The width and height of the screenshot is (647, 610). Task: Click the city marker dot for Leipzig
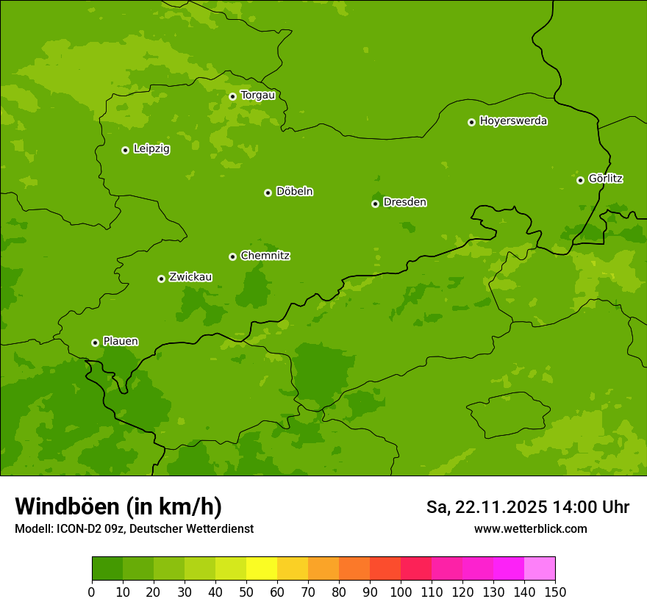(x=125, y=150)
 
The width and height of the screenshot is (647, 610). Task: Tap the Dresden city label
(x=404, y=202)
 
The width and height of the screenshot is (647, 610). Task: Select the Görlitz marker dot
(x=580, y=180)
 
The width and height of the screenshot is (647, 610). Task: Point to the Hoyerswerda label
(x=513, y=121)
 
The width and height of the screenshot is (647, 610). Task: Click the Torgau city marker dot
(x=232, y=96)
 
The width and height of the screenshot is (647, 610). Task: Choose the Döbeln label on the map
(x=294, y=192)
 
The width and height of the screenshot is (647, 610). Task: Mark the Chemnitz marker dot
(x=232, y=256)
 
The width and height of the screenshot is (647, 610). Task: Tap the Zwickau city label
(x=190, y=277)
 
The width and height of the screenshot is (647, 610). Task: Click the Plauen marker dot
(x=95, y=342)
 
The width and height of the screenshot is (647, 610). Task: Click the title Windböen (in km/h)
(x=118, y=506)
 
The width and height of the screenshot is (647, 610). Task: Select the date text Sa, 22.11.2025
(x=487, y=507)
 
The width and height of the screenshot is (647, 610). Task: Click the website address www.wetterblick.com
(x=530, y=528)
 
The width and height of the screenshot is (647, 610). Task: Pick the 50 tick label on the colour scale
(x=246, y=592)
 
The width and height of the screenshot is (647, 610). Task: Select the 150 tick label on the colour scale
(x=554, y=592)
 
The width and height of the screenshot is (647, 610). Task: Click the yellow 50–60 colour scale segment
(x=261, y=569)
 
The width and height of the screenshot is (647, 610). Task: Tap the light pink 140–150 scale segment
(x=539, y=569)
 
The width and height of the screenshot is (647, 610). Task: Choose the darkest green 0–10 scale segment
(x=107, y=569)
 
